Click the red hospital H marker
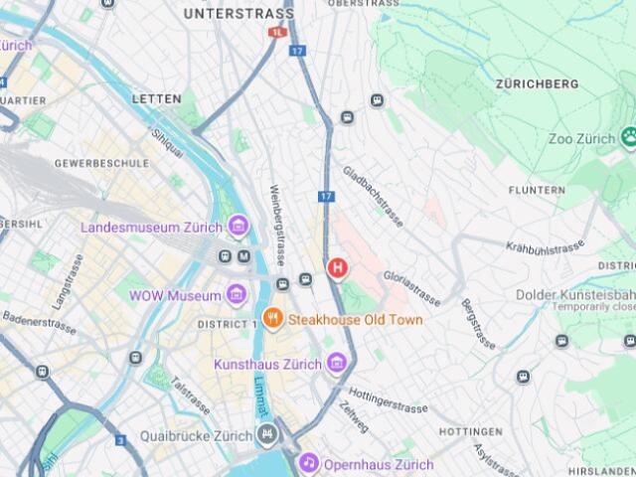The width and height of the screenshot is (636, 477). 338,267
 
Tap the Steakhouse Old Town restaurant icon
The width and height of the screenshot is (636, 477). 271,319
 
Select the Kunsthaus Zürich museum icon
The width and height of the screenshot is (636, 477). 337,364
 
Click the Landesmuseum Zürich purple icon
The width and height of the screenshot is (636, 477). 238,227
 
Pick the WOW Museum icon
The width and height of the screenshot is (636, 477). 237,295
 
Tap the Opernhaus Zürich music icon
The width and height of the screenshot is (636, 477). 309,464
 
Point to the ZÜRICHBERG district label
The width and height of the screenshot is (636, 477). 536,84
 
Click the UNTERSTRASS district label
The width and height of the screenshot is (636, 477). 238,14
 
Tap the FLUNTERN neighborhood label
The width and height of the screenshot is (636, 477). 537,190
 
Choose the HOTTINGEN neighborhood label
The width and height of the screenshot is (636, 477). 470,432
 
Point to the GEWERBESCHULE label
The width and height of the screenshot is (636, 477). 101,163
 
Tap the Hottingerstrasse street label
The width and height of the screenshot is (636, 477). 389,400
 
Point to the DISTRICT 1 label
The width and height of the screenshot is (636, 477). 228,325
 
